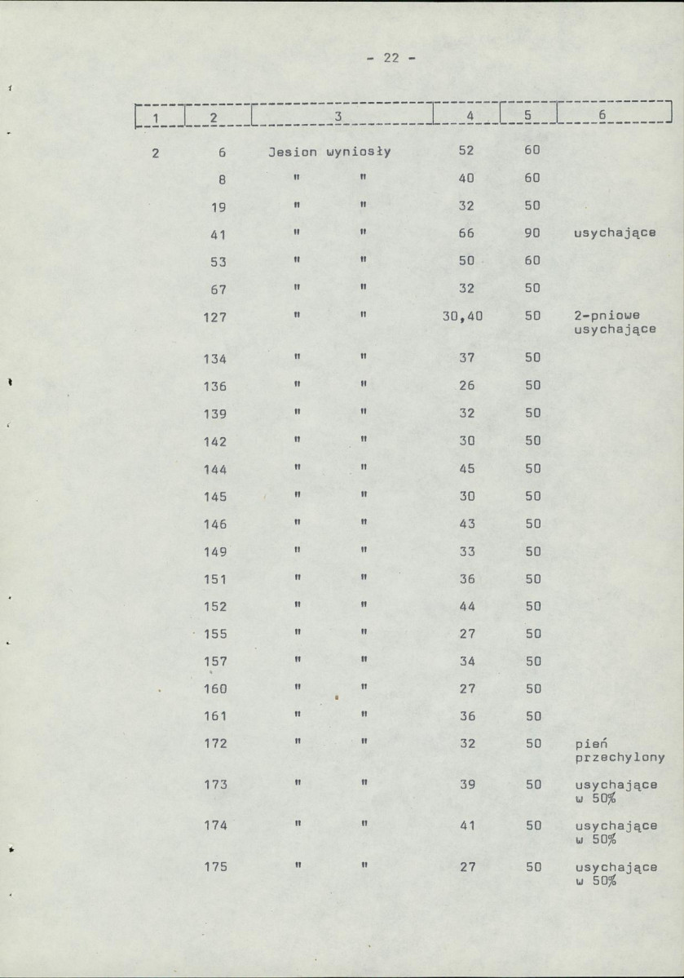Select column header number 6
point(602,116)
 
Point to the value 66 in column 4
point(466,234)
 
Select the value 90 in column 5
point(533,234)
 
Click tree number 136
point(215,387)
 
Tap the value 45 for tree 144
point(466,469)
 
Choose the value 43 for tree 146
point(466,524)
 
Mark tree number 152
point(215,607)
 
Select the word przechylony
point(620,757)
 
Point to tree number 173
point(215,785)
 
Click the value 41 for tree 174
point(466,825)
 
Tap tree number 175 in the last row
point(215,867)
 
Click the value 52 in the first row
point(466,151)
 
